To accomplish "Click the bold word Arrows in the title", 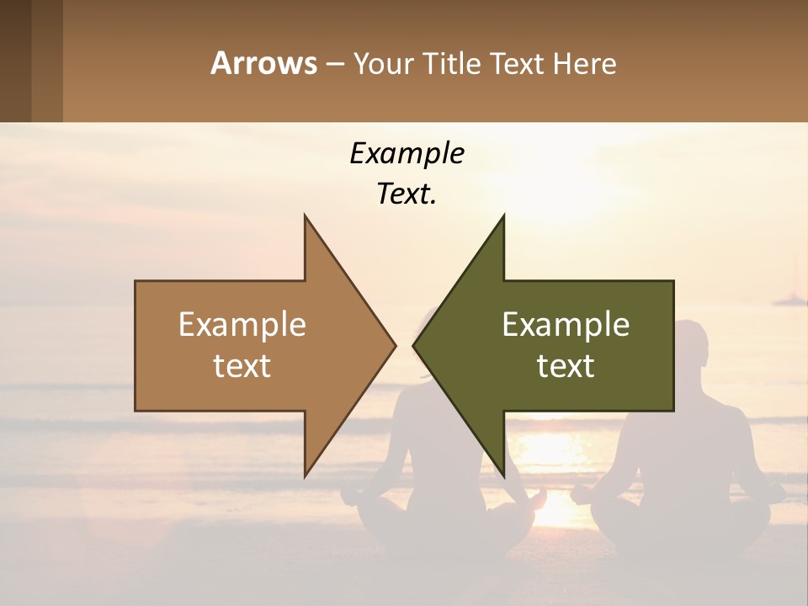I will click(264, 63).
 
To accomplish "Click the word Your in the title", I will click(384, 63).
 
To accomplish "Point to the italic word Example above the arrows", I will click(407, 154).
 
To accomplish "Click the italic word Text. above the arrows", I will click(407, 194).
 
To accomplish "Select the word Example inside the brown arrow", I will click(242, 325).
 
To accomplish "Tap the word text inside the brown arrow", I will click(242, 366).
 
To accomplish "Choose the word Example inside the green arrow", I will click(566, 325).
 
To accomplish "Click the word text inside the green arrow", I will click(566, 366).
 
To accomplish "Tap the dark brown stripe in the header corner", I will click(15, 61).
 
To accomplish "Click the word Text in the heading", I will click(522, 63).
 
